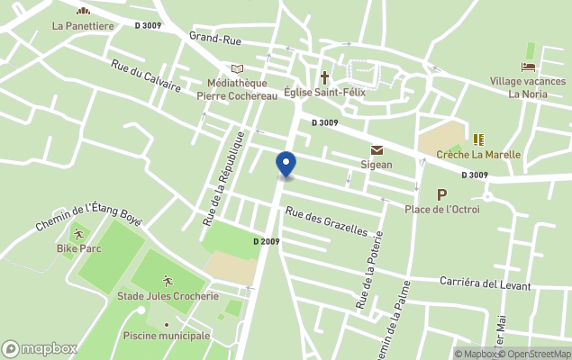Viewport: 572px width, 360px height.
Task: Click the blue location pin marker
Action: click(286, 165)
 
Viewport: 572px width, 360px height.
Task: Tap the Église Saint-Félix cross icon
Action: click(324, 77)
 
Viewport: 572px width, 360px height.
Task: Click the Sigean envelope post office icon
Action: click(377, 150)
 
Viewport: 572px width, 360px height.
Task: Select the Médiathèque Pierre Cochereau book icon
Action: click(237, 68)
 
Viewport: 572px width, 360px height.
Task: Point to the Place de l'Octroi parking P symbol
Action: click(441, 194)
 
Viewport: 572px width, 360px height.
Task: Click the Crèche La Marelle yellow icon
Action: click(477, 139)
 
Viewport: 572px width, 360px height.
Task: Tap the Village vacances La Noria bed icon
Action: click(528, 67)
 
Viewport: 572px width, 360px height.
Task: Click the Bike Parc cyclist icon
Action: click(78, 234)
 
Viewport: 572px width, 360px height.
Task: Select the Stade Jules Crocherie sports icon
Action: click(167, 282)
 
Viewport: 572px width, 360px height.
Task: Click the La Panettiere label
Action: click(83, 26)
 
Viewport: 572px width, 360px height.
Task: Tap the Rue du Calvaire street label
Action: click(145, 76)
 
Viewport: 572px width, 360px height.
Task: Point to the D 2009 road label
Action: click(268, 241)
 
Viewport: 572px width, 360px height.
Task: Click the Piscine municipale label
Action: click(167, 336)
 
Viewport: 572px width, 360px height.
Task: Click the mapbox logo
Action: click(41, 348)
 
